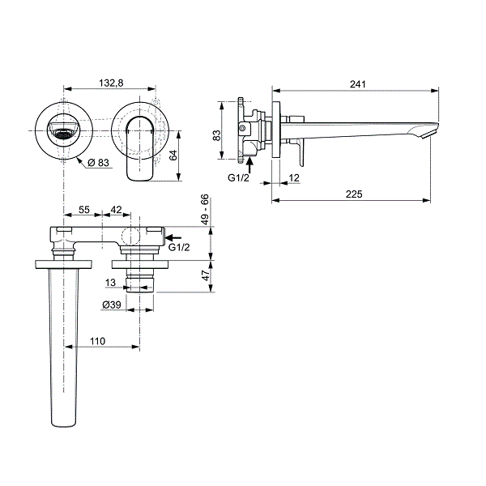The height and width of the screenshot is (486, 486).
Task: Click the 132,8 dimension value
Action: point(111,83)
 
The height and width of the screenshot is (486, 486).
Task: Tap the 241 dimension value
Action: point(358,84)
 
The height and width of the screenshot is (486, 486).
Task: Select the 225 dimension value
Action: point(354,194)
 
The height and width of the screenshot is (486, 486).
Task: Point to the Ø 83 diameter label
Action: point(98,163)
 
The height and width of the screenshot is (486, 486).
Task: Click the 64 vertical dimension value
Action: point(173,155)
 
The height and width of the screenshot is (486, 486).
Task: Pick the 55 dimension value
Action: point(83,210)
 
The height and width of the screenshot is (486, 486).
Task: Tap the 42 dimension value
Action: point(116,210)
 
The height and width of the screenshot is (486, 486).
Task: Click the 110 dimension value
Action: point(98,341)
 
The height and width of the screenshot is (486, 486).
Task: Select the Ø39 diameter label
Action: point(112,305)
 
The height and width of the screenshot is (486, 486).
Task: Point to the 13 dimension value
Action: point(110,283)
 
